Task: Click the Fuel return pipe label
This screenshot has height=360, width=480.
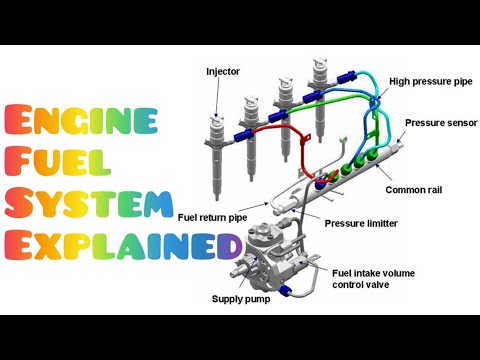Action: (x=213, y=216)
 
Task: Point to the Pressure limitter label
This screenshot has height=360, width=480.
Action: (x=367, y=220)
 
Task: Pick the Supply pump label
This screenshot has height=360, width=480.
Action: (x=243, y=298)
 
